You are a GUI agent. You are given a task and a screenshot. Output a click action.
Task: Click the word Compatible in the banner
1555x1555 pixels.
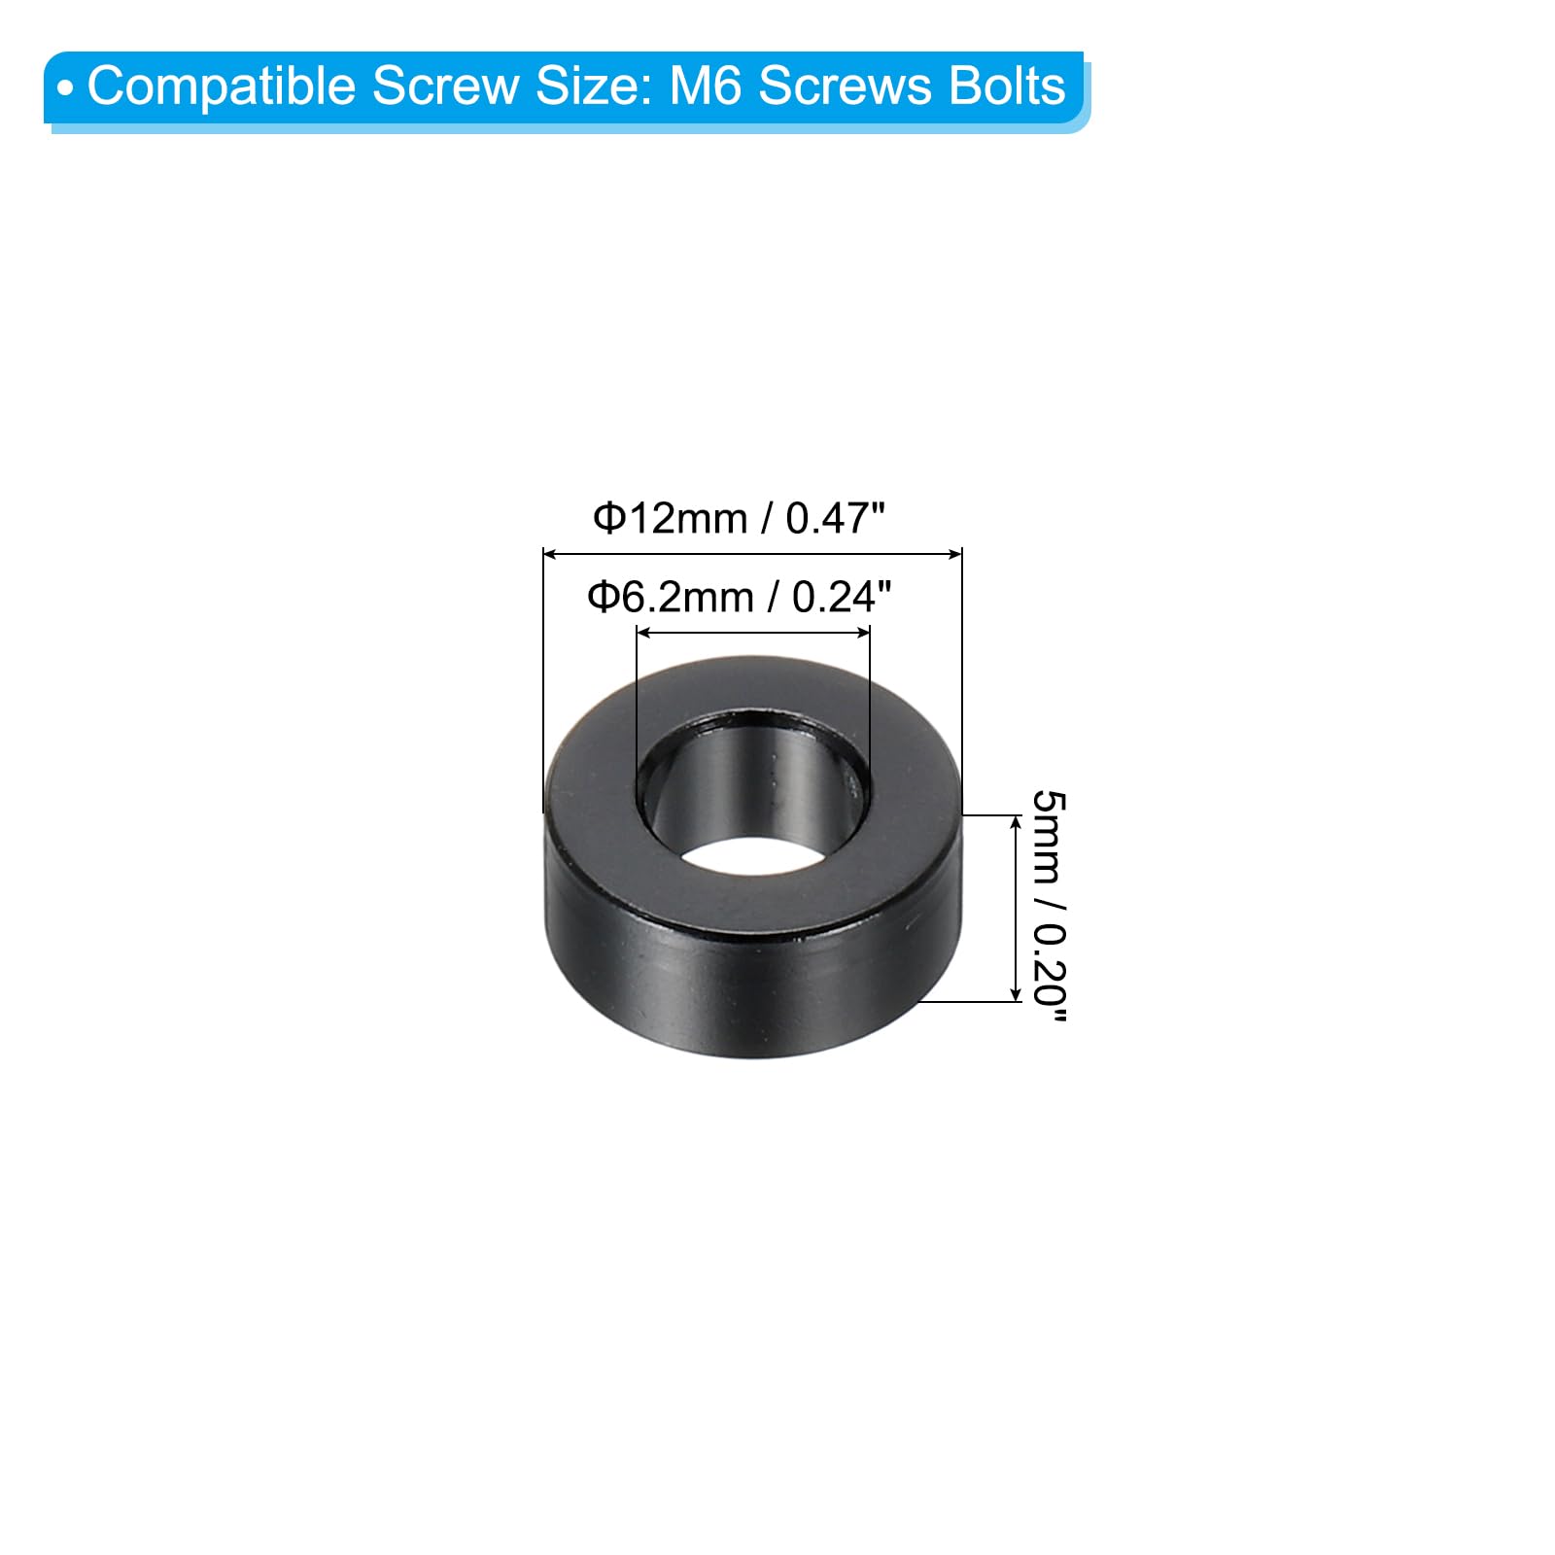(224, 87)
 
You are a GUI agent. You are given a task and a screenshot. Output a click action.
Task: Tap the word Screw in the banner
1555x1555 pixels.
(446, 86)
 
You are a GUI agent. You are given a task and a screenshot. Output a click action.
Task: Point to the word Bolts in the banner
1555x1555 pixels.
(1007, 86)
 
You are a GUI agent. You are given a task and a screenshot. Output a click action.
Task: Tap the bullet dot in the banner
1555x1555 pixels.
(65, 89)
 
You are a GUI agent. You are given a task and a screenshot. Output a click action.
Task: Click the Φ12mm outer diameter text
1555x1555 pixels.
(671, 518)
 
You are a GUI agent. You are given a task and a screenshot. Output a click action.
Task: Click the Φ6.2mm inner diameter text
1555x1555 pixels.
(671, 597)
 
